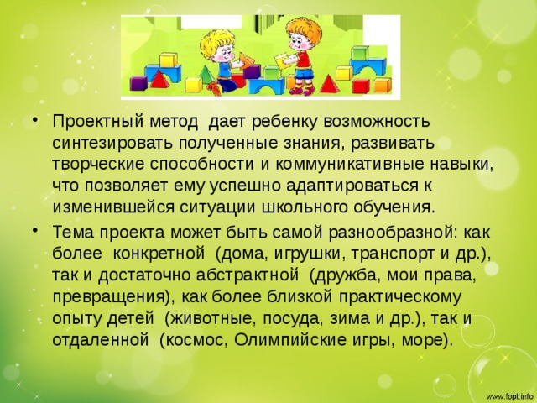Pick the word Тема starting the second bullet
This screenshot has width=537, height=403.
tap(73, 233)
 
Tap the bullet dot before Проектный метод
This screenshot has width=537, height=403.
tap(34, 121)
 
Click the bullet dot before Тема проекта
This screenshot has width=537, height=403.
tap(34, 232)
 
